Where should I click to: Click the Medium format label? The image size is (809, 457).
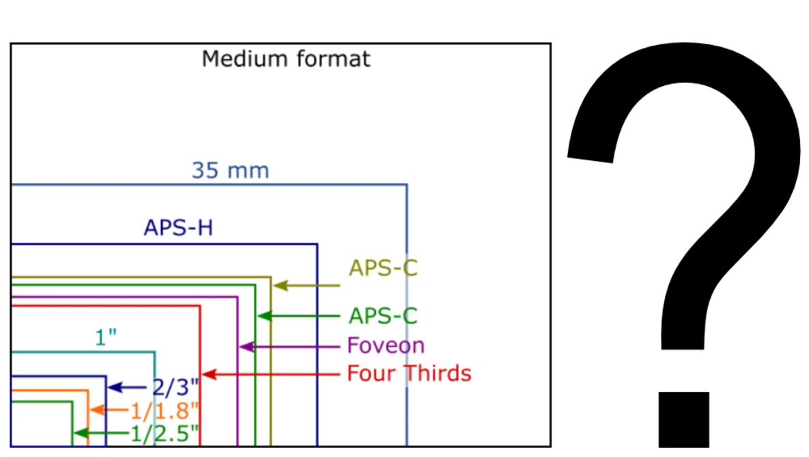tap(286, 59)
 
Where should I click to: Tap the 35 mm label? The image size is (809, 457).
tap(230, 171)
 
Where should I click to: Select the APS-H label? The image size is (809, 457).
tap(178, 228)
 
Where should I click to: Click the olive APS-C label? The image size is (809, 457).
tap(382, 269)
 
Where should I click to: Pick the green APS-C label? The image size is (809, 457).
tap(382, 316)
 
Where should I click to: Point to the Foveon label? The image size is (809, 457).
tap(386, 346)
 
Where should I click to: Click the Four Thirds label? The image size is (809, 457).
tap(409, 374)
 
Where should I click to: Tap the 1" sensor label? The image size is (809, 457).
tap(107, 338)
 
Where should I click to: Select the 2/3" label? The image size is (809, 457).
tap(175, 387)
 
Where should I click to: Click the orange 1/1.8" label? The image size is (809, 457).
tap(165, 411)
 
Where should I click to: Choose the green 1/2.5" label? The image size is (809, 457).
tap(165, 433)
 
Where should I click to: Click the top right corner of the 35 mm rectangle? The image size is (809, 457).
tap(407, 185)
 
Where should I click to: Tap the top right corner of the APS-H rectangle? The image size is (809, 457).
tap(317, 244)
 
